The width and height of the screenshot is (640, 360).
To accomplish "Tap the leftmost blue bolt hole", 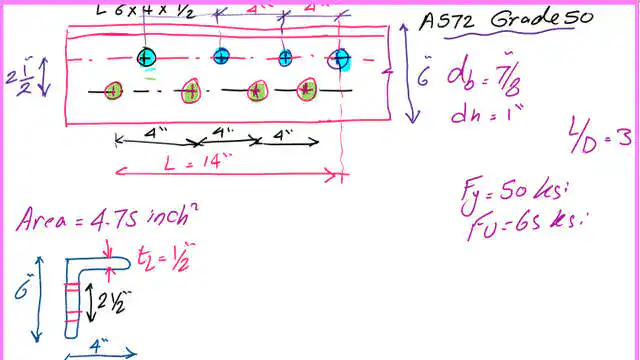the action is pos(147,58).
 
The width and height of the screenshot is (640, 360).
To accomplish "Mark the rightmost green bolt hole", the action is pos(308,92).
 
